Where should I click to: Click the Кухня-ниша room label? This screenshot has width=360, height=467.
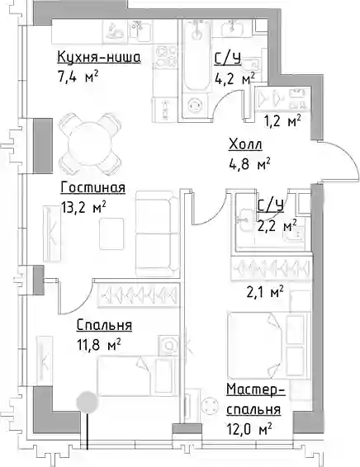coord(98,57)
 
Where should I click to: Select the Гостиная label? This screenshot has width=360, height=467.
coord(93,188)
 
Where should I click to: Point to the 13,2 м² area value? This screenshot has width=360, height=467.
coord(83,207)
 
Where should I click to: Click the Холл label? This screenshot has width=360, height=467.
coord(245,144)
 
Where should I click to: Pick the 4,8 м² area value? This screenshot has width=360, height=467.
coord(249,164)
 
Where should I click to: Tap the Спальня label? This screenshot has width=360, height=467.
coord(104,324)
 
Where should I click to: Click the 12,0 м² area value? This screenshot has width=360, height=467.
coord(249,429)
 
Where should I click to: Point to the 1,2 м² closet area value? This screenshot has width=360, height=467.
coord(282,121)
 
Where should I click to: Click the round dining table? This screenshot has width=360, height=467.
coord(91,144)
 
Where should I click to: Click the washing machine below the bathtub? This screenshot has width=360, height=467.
coord(195,106)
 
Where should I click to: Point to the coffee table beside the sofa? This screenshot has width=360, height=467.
coord(111,233)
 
